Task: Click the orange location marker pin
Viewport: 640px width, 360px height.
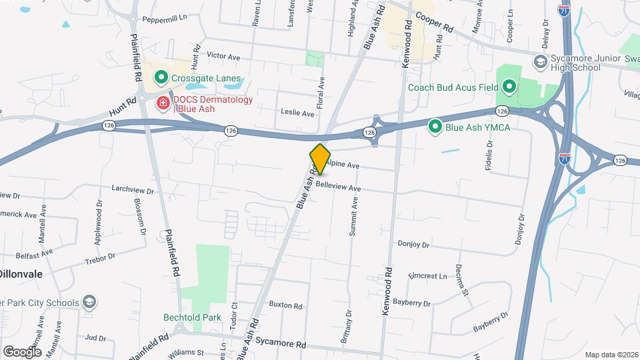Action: click(320, 159)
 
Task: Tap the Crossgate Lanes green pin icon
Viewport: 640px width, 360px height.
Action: click(161, 78)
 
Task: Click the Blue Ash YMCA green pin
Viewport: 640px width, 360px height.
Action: click(435, 126)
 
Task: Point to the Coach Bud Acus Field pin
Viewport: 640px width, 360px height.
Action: click(509, 87)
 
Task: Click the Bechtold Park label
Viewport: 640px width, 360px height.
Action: click(193, 317)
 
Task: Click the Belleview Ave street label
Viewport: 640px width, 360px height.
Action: click(338, 187)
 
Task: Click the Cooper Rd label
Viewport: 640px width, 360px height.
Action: click(434, 23)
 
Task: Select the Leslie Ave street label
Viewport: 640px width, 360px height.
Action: click(297, 113)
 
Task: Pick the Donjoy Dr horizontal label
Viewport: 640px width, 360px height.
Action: click(413, 244)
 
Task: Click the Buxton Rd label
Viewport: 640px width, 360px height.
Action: click(285, 305)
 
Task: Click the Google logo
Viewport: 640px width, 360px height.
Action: click(21, 351)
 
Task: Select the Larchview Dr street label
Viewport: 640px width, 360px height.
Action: click(133, 190)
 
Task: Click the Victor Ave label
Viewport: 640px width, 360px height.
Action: click(223, 57)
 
